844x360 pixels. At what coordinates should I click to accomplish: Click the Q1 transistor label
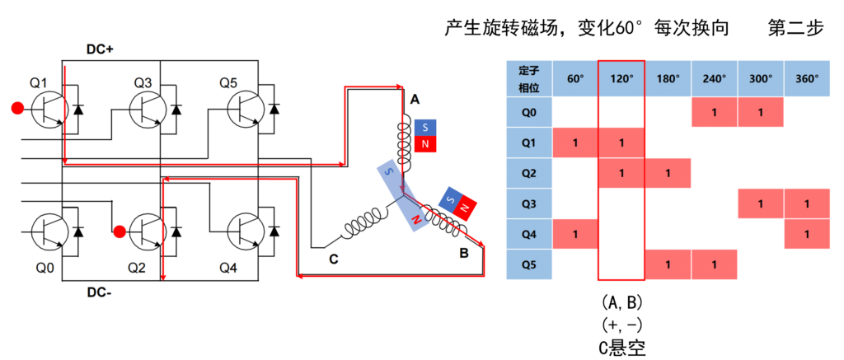coord(40,82)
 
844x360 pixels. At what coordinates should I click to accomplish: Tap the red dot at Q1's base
coord(16,107)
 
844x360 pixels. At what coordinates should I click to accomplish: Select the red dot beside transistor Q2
coord(120,231)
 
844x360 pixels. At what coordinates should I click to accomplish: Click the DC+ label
coord(100,49)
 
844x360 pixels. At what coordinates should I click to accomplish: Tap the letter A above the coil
coord(415,100)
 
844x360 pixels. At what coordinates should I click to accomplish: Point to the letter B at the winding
coord(464,254)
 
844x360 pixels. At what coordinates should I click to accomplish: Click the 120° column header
coord(621,79)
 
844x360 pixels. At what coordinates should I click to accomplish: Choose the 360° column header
coord(806,79)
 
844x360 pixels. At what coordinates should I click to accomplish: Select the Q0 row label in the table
coord(528,112)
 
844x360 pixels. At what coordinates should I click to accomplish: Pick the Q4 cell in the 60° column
coord(574,235)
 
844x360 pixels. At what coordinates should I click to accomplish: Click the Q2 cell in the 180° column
coord(668,173)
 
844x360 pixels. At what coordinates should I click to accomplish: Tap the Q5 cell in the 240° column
coord(714,265)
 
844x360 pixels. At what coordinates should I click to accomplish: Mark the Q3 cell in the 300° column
coord(760,203)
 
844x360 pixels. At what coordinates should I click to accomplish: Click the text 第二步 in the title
coord(795,28)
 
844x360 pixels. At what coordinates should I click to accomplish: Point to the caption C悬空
coord(621,347)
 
